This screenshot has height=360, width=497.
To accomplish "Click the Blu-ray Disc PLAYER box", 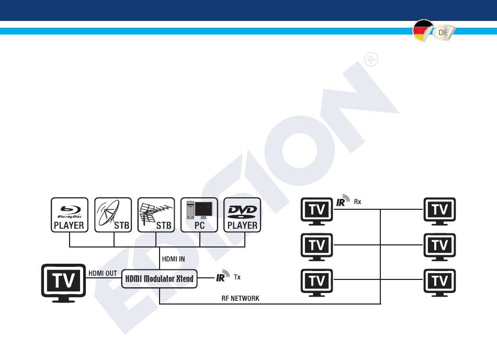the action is (70, 215).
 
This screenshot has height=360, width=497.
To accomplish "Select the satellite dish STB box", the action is (113, 215).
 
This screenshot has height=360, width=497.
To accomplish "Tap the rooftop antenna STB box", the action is (156, 215).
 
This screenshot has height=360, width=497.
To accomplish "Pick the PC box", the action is (199, 215).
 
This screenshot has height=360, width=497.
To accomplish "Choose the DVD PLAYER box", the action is (242, 215).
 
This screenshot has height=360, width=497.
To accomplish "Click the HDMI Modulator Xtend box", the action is (160, 279).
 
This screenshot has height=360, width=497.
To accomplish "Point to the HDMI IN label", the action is (173, 259).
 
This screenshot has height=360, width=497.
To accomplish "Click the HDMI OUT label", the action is (103, 273).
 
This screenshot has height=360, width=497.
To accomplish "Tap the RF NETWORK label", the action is (240, 298).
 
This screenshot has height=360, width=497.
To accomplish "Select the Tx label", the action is (237, 277).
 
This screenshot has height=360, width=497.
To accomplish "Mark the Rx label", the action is (357, 202).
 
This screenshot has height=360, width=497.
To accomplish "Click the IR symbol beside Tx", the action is (223, 276).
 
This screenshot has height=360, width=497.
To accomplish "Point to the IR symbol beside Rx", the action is (343, 200).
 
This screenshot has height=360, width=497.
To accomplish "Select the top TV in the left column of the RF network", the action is (317, 211).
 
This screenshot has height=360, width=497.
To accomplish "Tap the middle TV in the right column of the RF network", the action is (439, 247).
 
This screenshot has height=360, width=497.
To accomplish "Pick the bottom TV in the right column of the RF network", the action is (439, 283).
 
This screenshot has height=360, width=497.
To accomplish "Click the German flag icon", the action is (423, 31).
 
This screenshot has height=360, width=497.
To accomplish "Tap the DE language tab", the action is (444, 32).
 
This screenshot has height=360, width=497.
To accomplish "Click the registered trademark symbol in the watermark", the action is (371, 59).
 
